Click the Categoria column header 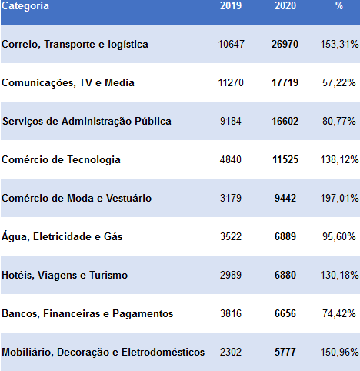pos(25,5)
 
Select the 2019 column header pos(231,5)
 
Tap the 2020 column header pos(285,5)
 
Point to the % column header pos(339,5)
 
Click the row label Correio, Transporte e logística pos(75,45)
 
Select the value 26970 pos(285,44)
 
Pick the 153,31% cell pos(339,44)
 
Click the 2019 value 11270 pos(231,82)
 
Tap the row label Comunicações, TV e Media pos(68,83)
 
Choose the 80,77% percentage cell pos(339,121)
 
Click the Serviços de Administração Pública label pos(87,122)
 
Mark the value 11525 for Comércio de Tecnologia pos(285,159)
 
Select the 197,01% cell pos(339,198)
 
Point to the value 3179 pos(231,198)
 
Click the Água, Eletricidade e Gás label pos(62,236)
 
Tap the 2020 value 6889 pos(285,236)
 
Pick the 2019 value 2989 pos(231,275)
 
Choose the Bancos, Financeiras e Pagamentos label pos(88,314)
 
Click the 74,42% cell pos(339,313)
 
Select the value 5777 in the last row pos(285,352)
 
